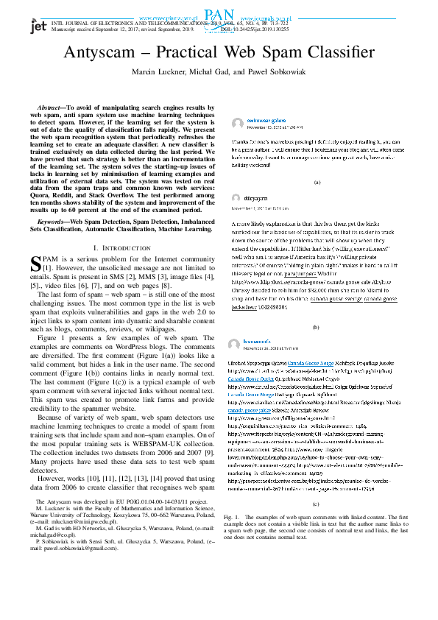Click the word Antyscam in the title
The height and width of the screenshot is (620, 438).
point(112,52)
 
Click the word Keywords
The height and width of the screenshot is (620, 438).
point(50,220)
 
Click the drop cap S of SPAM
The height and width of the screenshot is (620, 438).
point(35,264)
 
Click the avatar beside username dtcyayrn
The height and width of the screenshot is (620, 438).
point(236,198)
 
